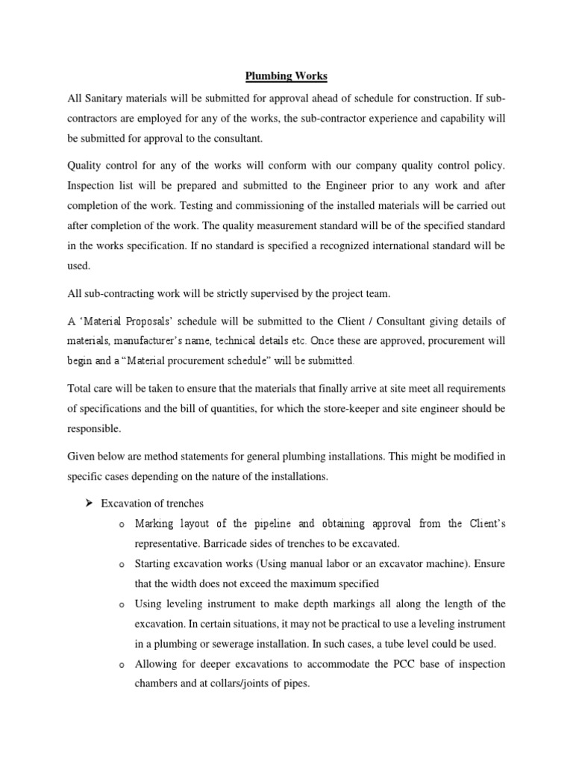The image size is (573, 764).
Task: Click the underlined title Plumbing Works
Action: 286,75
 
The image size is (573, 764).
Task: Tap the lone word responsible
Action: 94,429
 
